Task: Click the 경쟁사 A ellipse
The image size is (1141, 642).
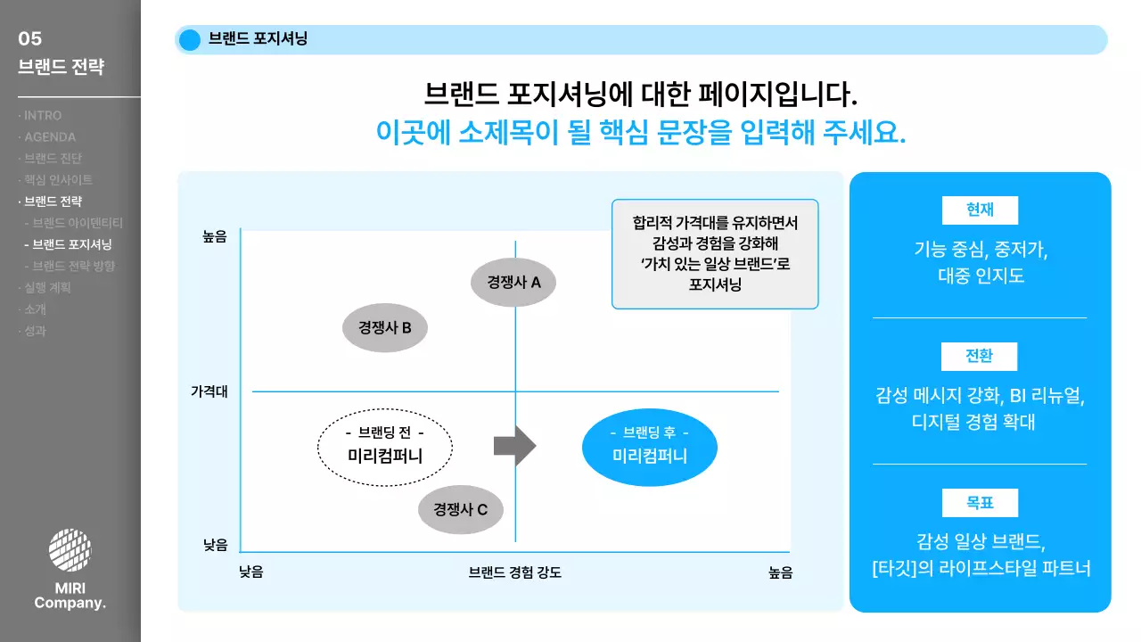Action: pyautogui.click(x=513, y=283)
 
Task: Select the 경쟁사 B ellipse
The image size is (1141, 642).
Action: pyautogui.click(x=385, y=327)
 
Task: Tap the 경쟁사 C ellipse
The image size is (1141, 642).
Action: pyautogui.click(x=460, y=510)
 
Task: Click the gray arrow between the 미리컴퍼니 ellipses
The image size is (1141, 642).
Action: pyautogui.click(x=514, y=445)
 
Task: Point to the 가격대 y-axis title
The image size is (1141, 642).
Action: pyautogui.click(x=209, y=391)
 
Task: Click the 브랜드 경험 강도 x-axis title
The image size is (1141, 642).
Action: pyautogui.click(x=515, y=572)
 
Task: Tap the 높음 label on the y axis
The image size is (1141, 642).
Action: pyautogui.click(x=215, y=236)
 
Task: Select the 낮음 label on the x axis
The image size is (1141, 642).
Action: pyautogui.click(x=251, y=572)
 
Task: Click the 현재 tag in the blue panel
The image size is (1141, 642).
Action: pyautogui.click(x=980, y=210)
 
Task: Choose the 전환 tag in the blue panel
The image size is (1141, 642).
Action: pyautogui.click(x=980, y=357)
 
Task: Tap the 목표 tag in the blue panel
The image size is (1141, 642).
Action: pyautogui.click(x=980, y=503)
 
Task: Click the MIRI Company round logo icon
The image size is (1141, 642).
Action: pyautogui.click(x=70, y=550)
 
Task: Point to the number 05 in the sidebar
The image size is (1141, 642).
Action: pyautogui.click(x=30, y=38)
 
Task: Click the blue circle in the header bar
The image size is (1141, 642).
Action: pyautogui.click(x=190, y=40)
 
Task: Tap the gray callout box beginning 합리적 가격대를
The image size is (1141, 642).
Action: pyautogui.click(x=715, y=254)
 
